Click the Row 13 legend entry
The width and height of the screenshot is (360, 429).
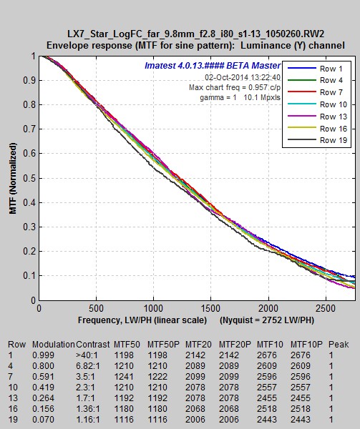pos(318,117)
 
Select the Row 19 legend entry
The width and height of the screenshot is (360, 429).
pos(318,140)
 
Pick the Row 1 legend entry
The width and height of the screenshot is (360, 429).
pos(316,69)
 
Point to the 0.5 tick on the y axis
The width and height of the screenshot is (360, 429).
pos(29,178)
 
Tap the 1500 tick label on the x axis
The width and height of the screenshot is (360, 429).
pos(210,309)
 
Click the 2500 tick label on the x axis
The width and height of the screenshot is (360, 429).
pos(326,309)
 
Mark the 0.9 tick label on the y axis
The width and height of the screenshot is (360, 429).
pos(29,80)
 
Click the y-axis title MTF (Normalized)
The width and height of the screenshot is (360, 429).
pos(13,178)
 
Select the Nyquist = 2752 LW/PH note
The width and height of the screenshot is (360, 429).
pos(267,320)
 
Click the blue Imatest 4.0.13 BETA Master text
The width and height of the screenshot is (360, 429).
pos(213,66)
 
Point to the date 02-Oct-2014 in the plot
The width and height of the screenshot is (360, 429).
pos(224,77)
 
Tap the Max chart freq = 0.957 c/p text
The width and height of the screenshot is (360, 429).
pos(235,87)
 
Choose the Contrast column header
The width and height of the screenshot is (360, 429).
pos(93,344)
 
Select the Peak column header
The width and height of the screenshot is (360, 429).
pos(339,344)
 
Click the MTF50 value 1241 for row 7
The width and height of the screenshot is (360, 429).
pos(124,377)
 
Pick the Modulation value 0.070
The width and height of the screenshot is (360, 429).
pos(43,420)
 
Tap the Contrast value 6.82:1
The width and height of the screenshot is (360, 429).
pos(88,366)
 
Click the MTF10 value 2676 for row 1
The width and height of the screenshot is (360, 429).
pos(267,355)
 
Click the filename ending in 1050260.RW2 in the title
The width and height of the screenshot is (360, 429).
pos(195,34)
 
